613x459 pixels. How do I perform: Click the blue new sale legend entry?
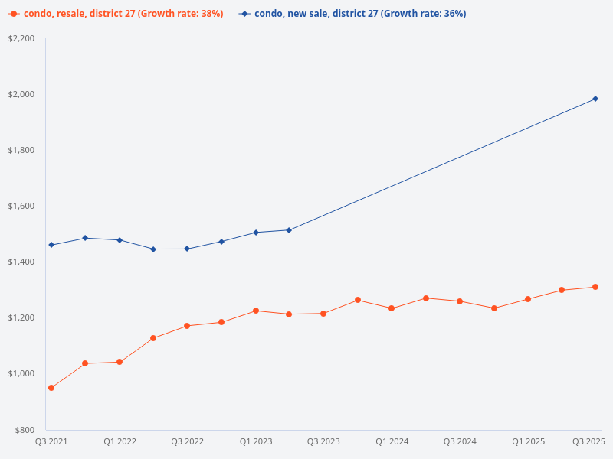(x=352, y=14)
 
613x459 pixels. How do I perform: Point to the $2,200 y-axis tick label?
(x=21, y=38)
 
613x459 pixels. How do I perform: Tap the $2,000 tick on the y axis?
(x=21, y=94)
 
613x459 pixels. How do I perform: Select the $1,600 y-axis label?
(x=21, y=206)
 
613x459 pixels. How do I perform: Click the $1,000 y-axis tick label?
(x=21, y=373)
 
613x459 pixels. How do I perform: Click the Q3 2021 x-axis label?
(x=51, y=441)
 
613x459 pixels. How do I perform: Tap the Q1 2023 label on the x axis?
(x=255, y=441)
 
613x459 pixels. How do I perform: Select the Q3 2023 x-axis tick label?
(x=323, y=441)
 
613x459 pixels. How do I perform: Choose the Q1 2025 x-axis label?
(x=528, y=441)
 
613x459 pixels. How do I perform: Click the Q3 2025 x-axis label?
(x=589, y=441)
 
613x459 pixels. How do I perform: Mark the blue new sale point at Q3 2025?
(x=595, y=99)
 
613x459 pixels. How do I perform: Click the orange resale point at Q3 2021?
(x=51, y=388)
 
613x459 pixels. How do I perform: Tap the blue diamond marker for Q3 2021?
(x=51, y=245)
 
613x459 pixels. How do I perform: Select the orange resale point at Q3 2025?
(x=595, y=287)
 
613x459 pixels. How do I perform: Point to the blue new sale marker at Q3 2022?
(x=187, y=249)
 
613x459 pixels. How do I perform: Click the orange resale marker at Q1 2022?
(x=120, y=362)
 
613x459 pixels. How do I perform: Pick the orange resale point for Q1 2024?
(x=392, y=308)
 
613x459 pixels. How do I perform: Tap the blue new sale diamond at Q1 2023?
(x=255, y=233)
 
